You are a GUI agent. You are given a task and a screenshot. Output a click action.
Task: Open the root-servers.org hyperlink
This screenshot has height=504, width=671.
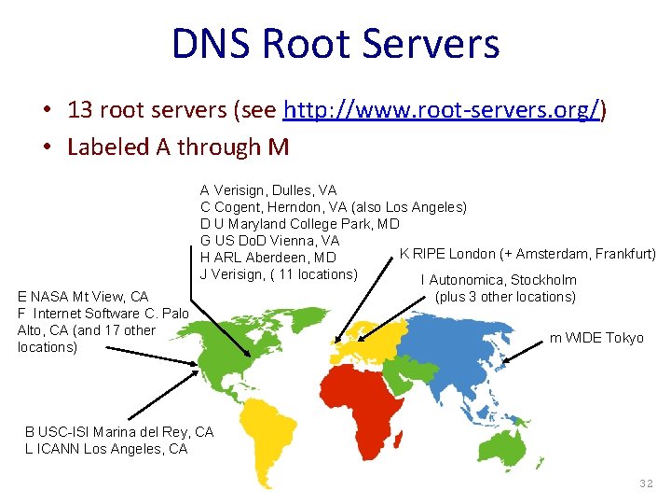click(442, 111)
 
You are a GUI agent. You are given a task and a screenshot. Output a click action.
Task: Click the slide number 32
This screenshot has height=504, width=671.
click(647, 483)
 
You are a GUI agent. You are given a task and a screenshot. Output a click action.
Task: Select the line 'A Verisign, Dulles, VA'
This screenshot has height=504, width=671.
click(268, 190)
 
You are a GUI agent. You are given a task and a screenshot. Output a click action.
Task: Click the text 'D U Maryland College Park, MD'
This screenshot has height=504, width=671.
click(299, 224)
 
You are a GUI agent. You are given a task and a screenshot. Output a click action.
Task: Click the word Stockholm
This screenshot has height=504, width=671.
click(544, 280)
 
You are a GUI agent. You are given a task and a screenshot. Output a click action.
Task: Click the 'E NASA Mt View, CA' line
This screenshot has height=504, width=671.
click(83, 297)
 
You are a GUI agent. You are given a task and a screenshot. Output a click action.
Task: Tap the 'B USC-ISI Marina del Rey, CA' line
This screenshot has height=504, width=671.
click(119, 432)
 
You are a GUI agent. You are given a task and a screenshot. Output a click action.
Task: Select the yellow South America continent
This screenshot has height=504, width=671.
click(269, 434)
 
